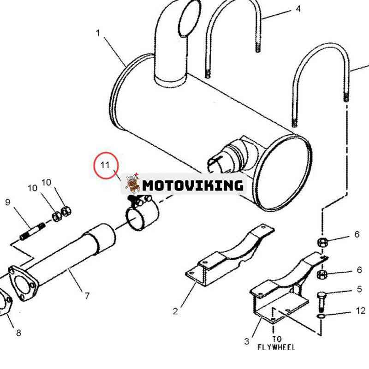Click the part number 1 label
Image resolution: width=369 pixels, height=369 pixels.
pos(98,33)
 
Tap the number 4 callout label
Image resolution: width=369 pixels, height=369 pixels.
pos(298,9)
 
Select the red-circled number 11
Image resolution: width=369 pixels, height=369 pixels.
pos(105,165)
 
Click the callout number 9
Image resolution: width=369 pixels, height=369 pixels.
pos(8,202)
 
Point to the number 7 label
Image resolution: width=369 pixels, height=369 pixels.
pos(87,296)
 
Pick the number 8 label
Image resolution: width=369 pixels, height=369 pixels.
pos(18,333)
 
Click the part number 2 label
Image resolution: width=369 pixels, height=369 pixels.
pos(175,311)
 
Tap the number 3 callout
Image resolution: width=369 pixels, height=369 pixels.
pos(246,341)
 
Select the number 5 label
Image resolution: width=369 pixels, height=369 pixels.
pos(359,289)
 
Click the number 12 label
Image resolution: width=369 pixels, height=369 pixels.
pos(361,310)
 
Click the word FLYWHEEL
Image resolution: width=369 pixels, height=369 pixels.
pos(276,347)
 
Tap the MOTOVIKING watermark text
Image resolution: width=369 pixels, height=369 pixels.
pos(193,185)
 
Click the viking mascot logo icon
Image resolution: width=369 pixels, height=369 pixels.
pos(132,184)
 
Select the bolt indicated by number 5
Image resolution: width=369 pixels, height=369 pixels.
pos(321,301)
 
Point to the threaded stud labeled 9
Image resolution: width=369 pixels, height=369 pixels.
pos(33,232)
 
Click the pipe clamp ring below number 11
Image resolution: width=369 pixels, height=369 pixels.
pos(142,213)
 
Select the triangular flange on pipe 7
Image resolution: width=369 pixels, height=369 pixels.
pos(24,283)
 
